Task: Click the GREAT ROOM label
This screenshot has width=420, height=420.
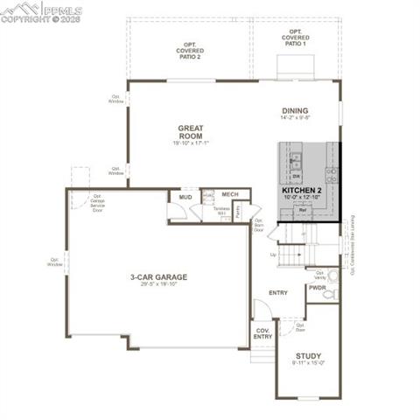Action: (190, 132)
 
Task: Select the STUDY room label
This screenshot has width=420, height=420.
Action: (307, 356)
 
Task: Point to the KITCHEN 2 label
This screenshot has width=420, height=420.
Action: (302, 190)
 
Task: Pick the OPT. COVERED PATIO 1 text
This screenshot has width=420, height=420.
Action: (294, 39)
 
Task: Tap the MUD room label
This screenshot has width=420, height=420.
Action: (185, 198)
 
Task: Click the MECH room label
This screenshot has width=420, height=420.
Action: (230, 194)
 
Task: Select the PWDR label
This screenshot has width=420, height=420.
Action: (317, 287)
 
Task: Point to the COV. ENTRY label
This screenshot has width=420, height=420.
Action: (262, 333)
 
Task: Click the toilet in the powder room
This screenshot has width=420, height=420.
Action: (329, 296)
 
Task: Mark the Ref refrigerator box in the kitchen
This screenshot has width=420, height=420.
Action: (302, 211)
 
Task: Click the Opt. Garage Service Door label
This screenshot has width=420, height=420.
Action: (97, 205)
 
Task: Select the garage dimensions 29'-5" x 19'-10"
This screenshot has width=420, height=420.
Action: (159, 284)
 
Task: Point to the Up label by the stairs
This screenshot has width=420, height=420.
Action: (273, 255)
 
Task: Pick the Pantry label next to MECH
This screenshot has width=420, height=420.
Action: (238, 212)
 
